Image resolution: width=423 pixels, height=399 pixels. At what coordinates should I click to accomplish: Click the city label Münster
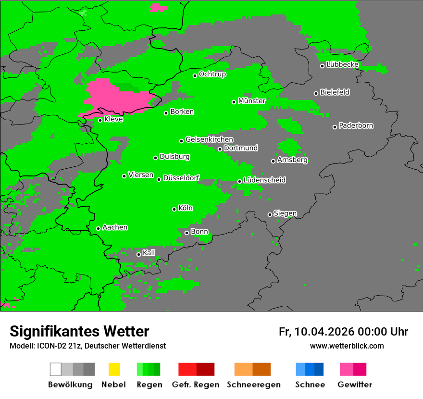point(252,101)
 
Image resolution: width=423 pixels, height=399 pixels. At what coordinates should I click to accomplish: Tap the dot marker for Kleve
point(100,120)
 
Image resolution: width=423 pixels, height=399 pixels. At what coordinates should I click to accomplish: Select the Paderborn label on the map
point(356,126)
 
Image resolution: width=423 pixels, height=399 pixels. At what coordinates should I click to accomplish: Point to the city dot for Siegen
point(270,214)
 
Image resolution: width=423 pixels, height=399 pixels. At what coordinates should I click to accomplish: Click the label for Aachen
point(115,227)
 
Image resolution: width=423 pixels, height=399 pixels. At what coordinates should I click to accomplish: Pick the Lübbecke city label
point(342,64)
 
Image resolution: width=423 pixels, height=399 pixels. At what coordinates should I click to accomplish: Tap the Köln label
point(186,208)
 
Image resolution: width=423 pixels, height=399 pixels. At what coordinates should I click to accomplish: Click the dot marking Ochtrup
point(195,75)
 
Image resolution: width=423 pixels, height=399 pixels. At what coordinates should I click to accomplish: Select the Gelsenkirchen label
point(209,139)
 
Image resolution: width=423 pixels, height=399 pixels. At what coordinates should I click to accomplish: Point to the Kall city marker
point(138,254)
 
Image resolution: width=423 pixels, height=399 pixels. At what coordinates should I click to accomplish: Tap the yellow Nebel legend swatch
point(114,369)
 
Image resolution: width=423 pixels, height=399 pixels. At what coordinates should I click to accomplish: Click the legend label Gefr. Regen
point(196,385)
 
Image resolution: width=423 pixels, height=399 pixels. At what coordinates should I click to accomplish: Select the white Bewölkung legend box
point(56,369)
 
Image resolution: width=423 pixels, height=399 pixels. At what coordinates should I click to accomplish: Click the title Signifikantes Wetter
point(79,332)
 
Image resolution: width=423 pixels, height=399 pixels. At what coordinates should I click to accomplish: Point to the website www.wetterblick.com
point(347,346)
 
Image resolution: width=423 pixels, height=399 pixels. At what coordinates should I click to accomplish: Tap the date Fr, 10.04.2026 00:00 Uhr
point(343,332)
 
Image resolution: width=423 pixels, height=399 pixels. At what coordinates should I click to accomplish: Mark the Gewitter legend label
point(355,385)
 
